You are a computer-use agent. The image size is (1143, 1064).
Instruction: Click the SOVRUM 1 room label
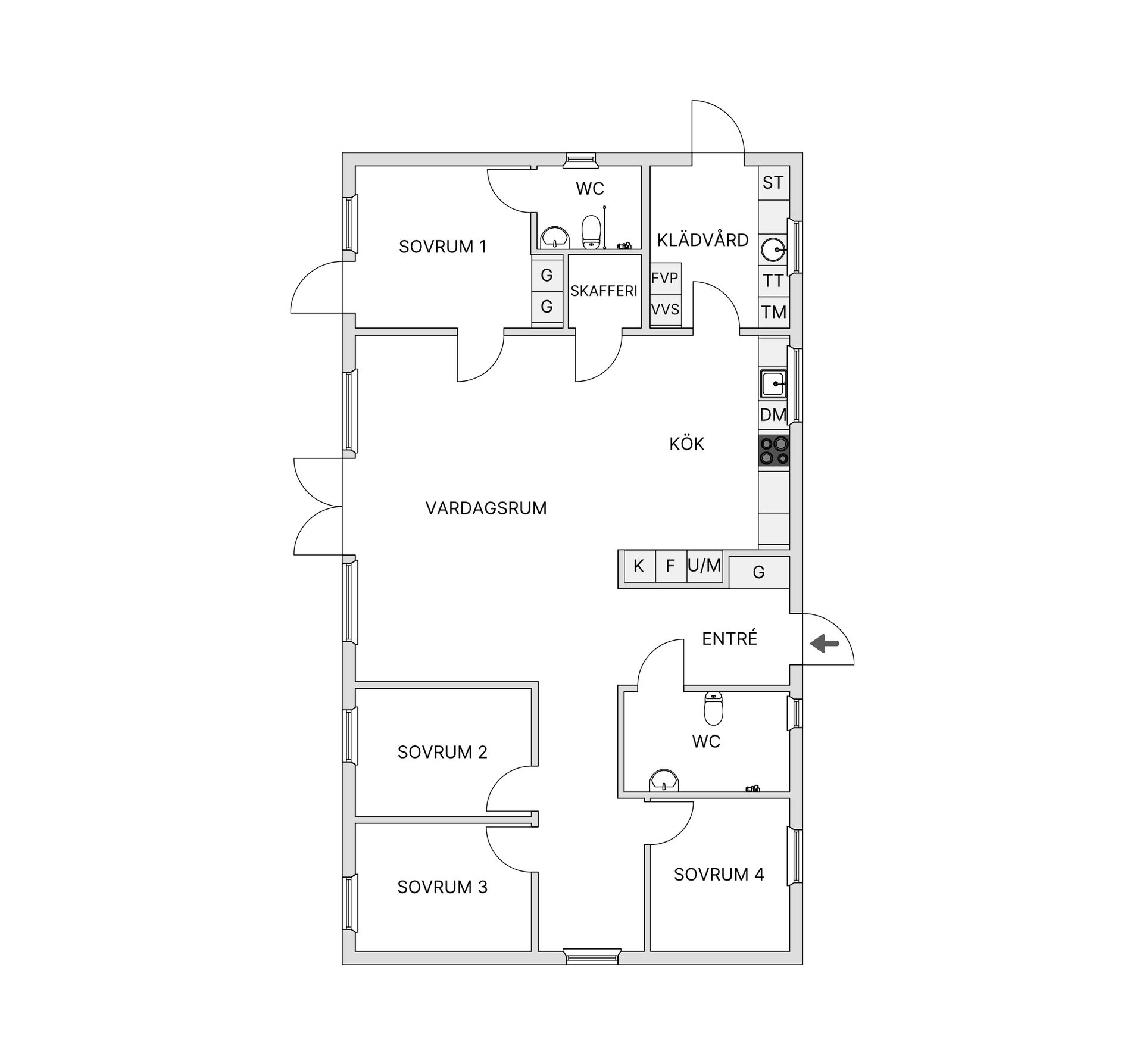(442, 247)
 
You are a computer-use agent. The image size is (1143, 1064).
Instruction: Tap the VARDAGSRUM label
(486, 508)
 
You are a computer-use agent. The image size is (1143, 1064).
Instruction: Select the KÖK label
(686, 444)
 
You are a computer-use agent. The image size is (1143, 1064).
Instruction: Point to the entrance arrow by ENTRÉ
(825, 643)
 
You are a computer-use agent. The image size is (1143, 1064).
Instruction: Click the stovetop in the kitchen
(774, 451)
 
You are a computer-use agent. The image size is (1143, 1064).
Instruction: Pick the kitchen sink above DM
(774, 383)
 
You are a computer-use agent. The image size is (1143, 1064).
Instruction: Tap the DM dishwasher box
(773, 414)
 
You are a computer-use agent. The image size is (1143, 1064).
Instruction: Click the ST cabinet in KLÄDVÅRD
(773, 183)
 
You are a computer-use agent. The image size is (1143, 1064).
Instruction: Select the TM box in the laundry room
(774, 312)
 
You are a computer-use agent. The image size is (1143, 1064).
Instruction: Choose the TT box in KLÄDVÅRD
(774, 280)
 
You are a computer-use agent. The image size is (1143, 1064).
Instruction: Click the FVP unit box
(665, 278)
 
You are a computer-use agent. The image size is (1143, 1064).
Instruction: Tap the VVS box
(665, 310)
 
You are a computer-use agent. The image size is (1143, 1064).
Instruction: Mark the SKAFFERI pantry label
(604, 291)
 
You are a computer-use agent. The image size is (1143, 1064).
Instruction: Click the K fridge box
(639, 566)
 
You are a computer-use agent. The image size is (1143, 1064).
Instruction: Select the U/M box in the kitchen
(704, 565)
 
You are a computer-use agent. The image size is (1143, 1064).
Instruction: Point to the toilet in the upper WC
(591, 231)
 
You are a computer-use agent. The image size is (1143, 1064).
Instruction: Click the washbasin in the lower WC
(664, 780)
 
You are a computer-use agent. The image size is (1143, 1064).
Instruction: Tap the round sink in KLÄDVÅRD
(774, 249)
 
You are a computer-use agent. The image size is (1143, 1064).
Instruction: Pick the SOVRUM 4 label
(719, 875)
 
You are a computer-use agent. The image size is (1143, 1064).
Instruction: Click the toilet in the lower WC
(713, 707)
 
